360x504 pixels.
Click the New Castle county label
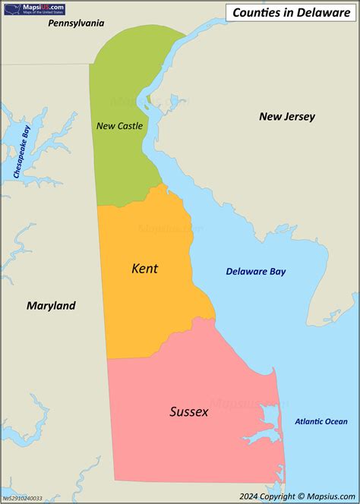(x=119, y=126)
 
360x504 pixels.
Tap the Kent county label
(x=145, y=268)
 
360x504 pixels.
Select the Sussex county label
(x=188, y=412)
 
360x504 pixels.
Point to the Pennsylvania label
(x=76, y=24)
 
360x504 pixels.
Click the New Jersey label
(x=286, y=116)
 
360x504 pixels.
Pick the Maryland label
(x=51, y=306)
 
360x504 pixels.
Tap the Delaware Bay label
(x=255, y=272)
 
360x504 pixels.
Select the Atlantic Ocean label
(x=321, y=421)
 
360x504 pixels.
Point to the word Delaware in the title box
(x=324, y=12)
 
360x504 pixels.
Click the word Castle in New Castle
(x=130, y=126)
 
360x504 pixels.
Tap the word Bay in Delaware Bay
(x=276, y=272)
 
